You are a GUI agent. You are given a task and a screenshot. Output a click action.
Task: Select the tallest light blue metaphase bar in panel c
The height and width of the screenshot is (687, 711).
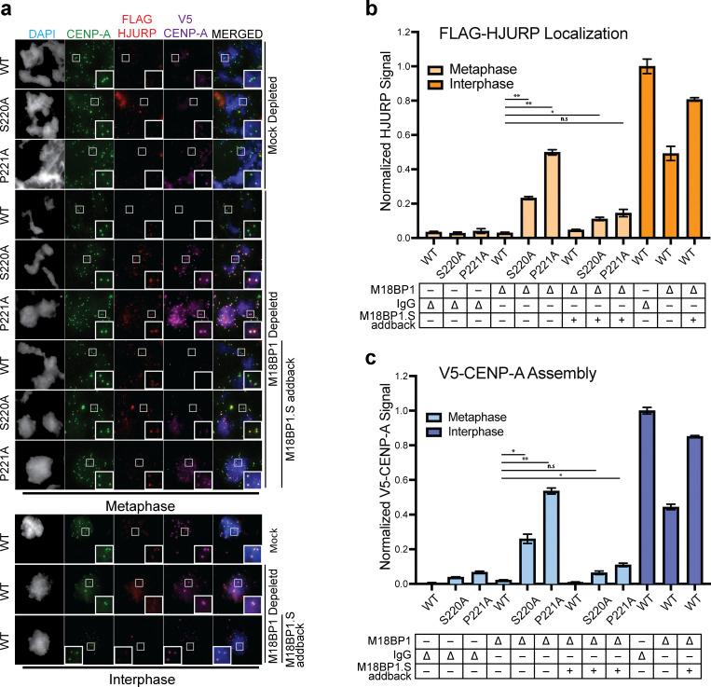pyautogui.click(x=553, y=538)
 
